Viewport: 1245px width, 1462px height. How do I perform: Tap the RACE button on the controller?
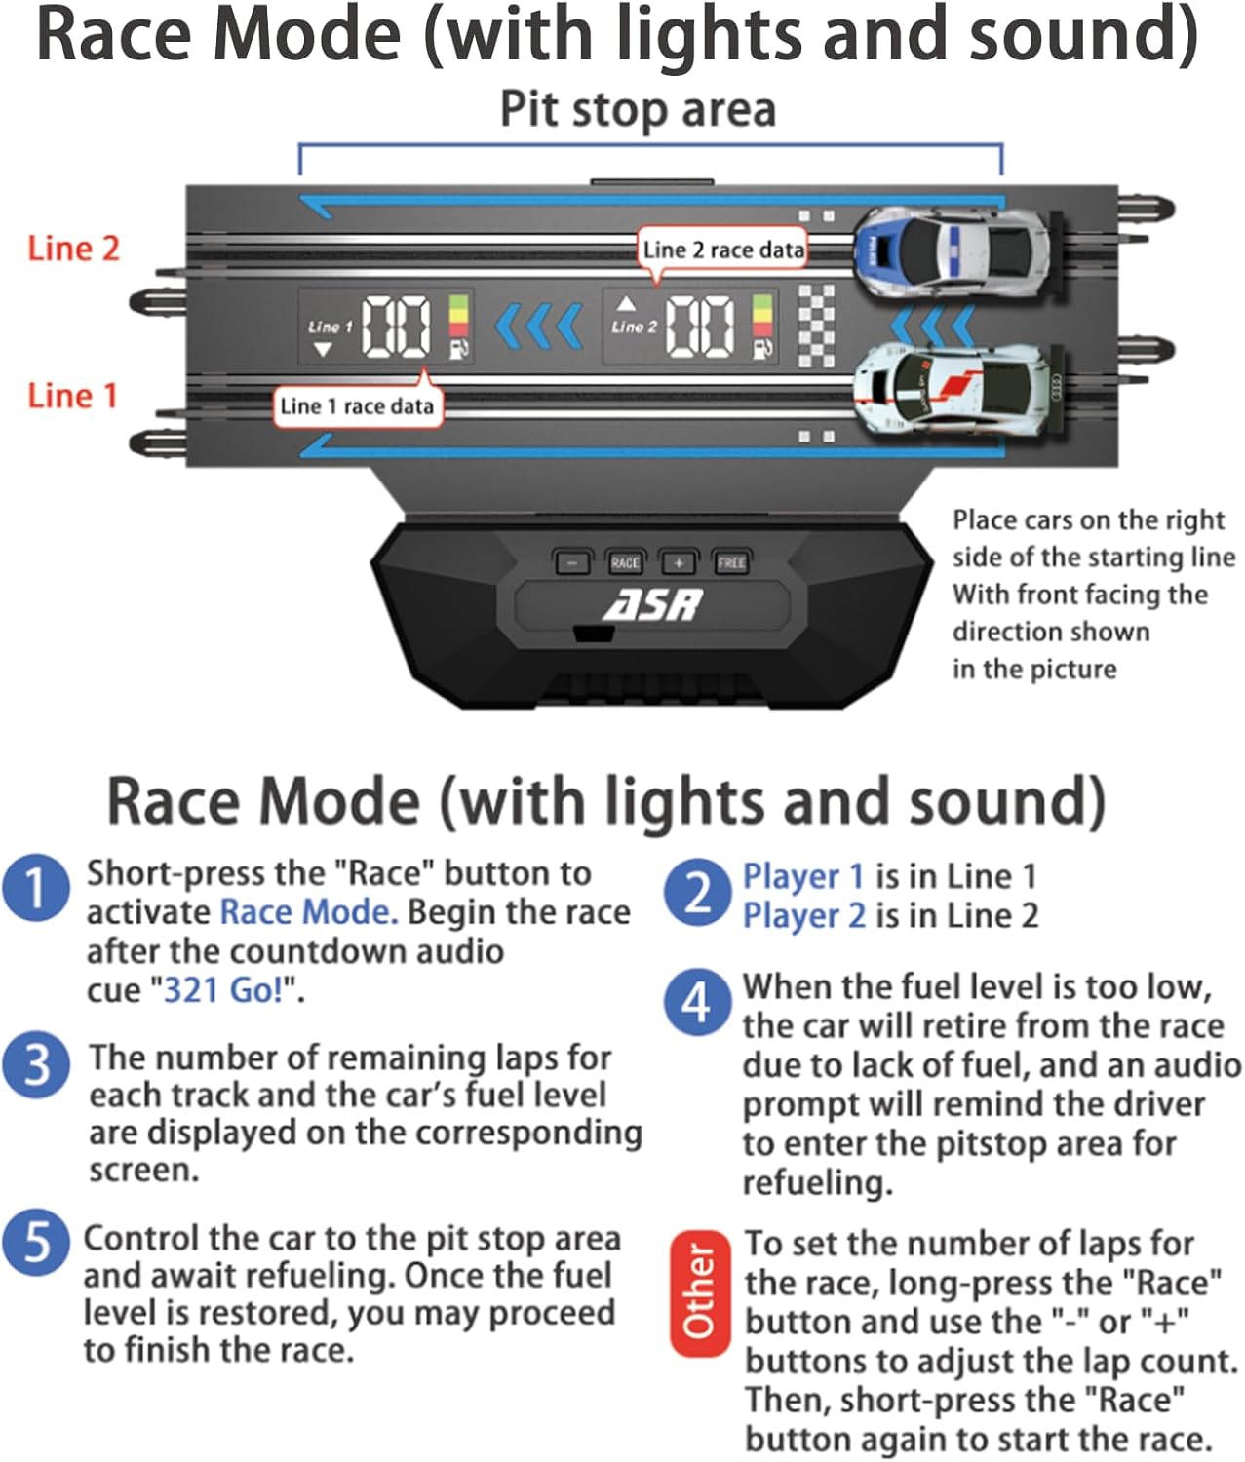coord(625,562)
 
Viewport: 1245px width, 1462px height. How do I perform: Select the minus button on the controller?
coord(572,562)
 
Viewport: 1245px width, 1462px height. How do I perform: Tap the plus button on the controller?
coord(679,562)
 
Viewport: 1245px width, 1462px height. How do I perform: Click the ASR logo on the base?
coord(652,605)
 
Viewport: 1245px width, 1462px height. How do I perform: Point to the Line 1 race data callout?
coord(357,406)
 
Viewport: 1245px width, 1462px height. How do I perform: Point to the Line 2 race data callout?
coord(723,250)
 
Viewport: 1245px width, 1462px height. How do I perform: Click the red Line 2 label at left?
coord(73,249)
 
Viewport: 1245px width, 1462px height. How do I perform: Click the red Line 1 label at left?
coord(72,396)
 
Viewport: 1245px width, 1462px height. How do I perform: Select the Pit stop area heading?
coord(638,109)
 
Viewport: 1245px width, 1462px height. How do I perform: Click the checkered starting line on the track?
coord(816,326)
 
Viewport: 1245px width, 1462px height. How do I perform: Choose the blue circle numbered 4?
coord(696,1002)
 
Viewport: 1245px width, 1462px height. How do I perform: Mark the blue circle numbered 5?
coord(36,1243)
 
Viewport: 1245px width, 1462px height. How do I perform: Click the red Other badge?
coord(698,1292)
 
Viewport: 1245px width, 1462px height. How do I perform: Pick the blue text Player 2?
coord(803,916)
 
